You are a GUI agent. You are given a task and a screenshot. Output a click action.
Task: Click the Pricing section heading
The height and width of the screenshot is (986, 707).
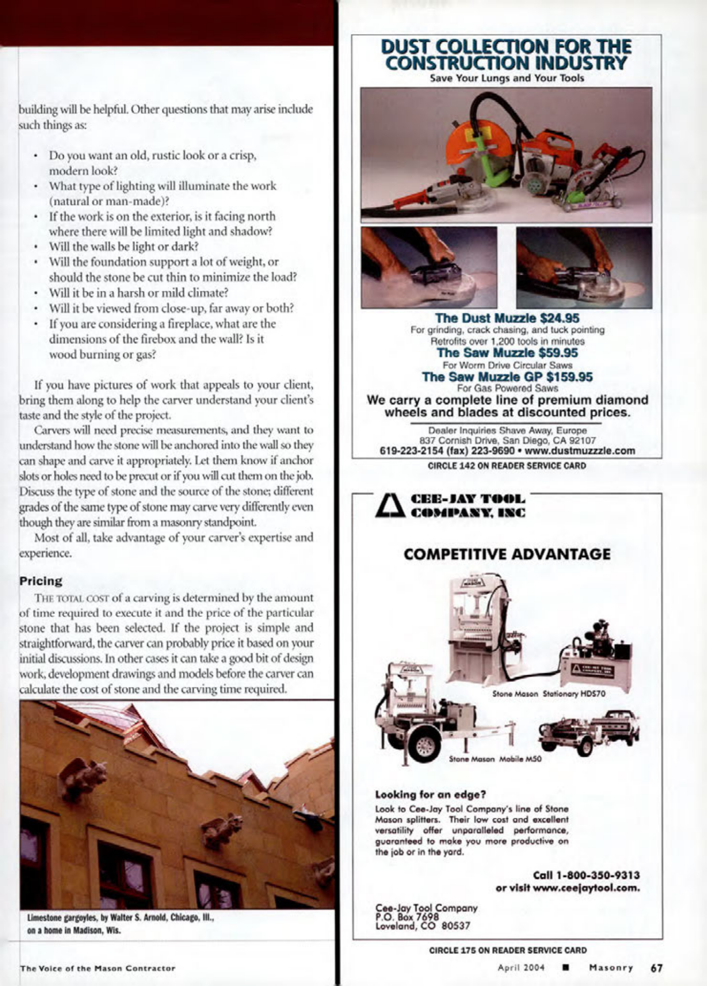(41, 581)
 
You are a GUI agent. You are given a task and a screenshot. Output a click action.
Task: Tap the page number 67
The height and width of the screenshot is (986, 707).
(657, 968)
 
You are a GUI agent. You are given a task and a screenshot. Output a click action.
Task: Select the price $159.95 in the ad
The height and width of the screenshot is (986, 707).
(569, 377)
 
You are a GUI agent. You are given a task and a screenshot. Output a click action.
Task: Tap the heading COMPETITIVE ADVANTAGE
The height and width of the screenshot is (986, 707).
(507, 554)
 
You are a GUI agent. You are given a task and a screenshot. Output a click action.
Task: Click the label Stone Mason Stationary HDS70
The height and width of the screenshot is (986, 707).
(549, 694)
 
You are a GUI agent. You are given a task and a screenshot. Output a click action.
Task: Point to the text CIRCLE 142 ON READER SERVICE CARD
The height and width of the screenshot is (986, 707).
(507, 466)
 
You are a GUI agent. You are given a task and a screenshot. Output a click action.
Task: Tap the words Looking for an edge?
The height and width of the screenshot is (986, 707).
(430, 794)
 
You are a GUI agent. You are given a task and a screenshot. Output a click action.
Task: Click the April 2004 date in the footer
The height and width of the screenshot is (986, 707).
(521, 968)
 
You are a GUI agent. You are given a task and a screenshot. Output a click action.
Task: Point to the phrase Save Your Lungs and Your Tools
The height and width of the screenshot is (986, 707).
(507, 78)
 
